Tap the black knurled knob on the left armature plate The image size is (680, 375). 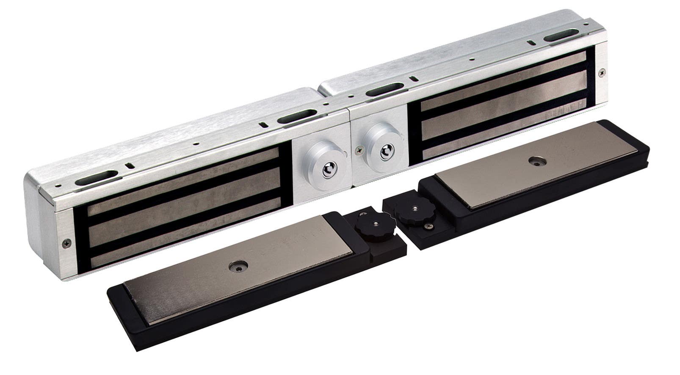point(375,225)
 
